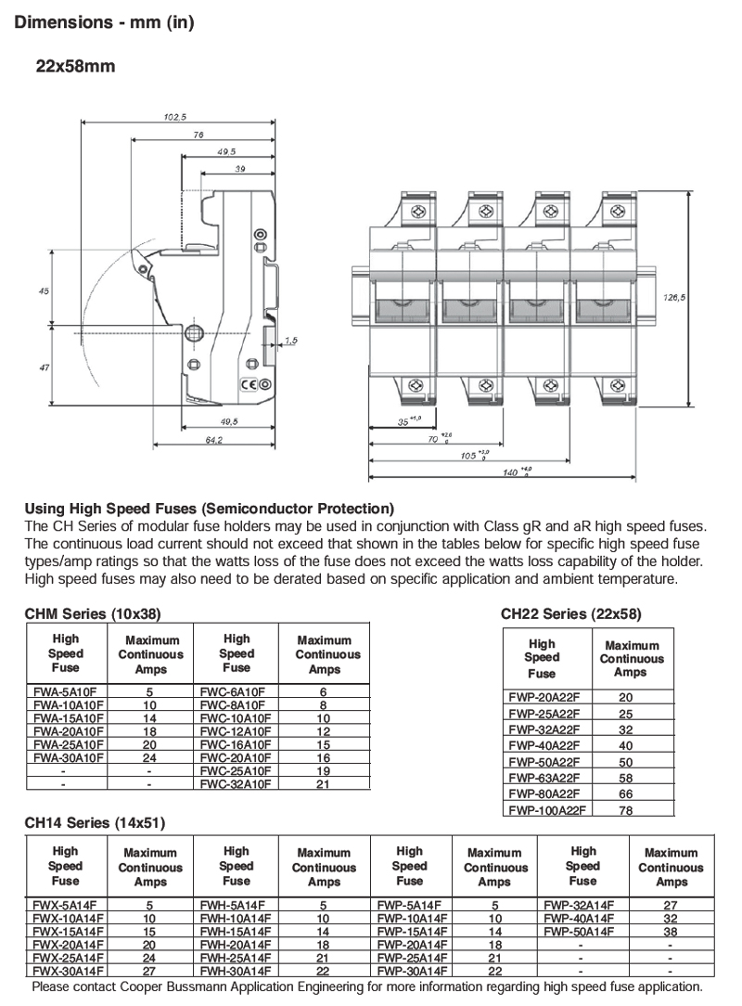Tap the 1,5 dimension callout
click(x=290, y=341)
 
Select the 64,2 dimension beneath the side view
click(x=214, y=440)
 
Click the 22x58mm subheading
click(x=76, y=67)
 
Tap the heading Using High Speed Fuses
click(x=209, y=509)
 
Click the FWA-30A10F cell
click(x=70, y=757)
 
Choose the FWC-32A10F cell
click(x=237, y=783)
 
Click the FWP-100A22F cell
click(x=544, y=809)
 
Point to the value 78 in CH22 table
click(x=626, y=809)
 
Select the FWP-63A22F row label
click(x=544, y=777)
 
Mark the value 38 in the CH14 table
click(x=671, y=931)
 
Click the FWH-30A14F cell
click(x=237, y=970)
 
